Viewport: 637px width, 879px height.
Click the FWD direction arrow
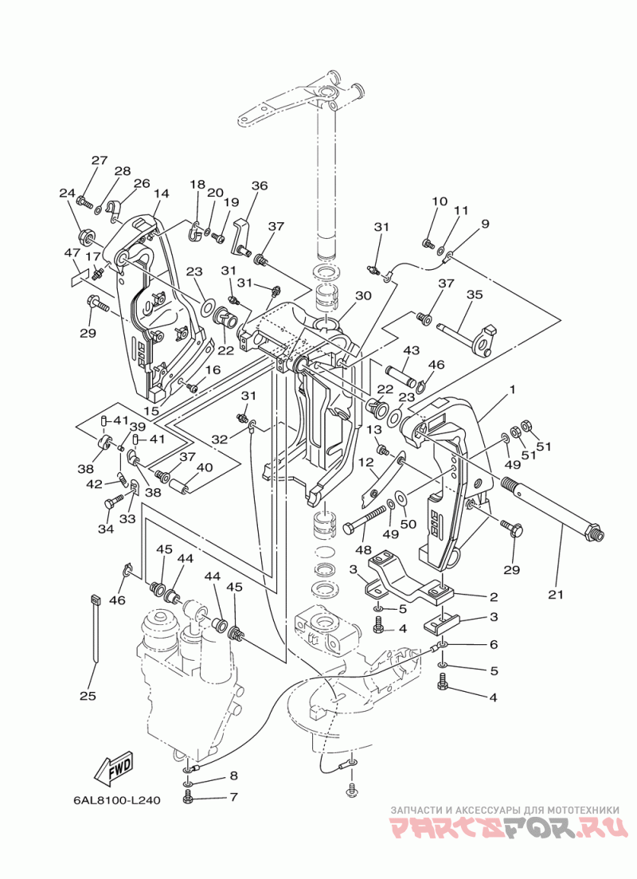coord(114,766)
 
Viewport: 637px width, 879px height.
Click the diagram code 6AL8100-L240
coord(116,800)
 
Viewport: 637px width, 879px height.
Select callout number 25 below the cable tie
coord(88,696)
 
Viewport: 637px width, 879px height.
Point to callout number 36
coord(260,186)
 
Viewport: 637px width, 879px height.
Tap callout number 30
coord(363,295)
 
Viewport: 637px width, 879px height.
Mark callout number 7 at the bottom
coord(234,796)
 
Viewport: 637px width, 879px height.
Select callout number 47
coord(72,253)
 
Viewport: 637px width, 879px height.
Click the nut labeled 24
coord(86,236)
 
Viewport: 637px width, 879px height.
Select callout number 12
coord(366,463)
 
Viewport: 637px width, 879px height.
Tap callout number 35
coord(475,295)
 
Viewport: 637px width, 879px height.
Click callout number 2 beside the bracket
coord(494,596)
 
